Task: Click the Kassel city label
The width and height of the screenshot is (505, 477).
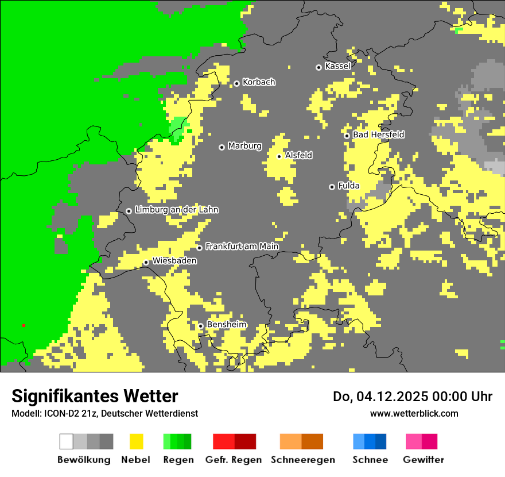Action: point(337,66)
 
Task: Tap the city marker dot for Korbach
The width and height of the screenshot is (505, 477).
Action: point(236,83)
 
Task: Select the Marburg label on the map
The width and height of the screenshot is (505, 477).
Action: point(244,146)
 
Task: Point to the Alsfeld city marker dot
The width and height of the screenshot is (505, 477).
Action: point(279,156)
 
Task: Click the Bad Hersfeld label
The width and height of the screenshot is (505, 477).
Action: point(378,134)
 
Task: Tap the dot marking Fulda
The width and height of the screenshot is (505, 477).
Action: point(332,187)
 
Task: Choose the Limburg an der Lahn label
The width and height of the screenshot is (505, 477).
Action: point(176,210)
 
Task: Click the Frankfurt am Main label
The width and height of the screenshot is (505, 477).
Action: point(242,247)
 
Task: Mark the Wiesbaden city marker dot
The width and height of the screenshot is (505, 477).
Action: point(146,263)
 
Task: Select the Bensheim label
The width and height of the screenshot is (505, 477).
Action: point(226,325)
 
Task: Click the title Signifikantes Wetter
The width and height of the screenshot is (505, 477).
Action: point(95,397)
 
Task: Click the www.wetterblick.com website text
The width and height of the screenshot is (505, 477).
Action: point(414,413)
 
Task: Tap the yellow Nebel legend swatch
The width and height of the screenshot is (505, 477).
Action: point(136,441)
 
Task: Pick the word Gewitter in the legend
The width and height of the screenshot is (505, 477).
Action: point(424,460)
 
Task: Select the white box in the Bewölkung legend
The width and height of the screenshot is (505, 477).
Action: point(67,441)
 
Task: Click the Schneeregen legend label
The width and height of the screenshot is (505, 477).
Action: point(303,460)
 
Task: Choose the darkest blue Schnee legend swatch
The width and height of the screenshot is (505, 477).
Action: point(380,441)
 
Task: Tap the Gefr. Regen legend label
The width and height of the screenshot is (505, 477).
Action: point(234,460)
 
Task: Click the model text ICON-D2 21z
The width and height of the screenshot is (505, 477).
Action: point(69,413)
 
